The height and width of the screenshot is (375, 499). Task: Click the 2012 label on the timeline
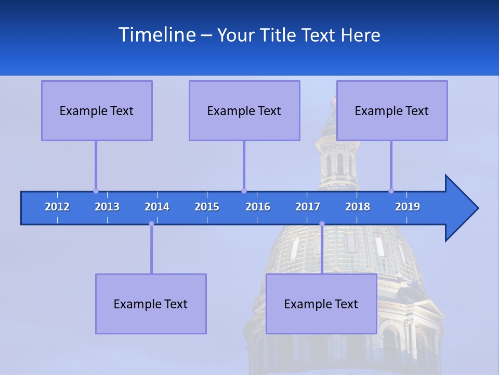pos(57,207)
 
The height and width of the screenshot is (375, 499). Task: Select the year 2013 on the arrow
pos(107,207)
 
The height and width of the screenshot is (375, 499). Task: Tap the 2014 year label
pos(157,207)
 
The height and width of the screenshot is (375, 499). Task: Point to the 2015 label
pos(207,207)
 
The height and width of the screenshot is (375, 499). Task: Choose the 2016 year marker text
pos(258,207)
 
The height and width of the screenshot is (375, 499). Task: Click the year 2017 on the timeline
pos(308,207)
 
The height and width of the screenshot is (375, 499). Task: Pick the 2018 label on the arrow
pos(358,207)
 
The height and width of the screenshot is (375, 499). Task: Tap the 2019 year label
pos(408,207)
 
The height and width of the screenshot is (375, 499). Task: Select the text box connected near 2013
pos(97,110)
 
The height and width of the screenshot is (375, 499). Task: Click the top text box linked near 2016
pos(244,110)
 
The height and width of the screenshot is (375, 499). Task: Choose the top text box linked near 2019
pos(392,110)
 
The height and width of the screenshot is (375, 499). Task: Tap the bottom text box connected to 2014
pos(151,304)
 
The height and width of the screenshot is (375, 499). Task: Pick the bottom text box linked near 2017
pos(321,304)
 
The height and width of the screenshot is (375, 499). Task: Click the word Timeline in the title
pos(156,35)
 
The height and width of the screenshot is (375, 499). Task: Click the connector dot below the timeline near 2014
pos(151,223)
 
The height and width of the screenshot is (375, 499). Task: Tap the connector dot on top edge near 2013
pos(96,191)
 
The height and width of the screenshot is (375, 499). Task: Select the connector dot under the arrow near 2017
pos(322,223)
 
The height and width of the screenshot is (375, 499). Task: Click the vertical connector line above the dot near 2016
pos(244,164)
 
